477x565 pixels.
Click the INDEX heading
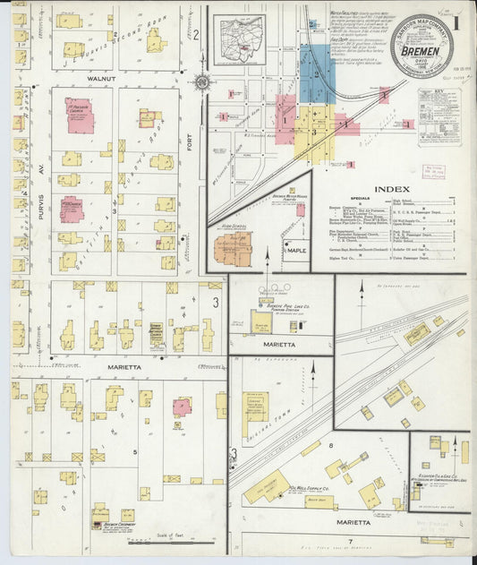pos(392,189)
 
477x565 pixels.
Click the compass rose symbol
pos(202,82)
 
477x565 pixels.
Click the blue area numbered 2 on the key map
pos(318,72)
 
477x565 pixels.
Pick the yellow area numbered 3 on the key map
pos(314,130)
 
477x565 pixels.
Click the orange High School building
pos(233,248)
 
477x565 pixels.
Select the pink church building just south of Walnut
pos(79,116)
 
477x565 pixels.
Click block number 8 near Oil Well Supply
pos(330,445)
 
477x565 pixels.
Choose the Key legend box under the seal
pos(439,116)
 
